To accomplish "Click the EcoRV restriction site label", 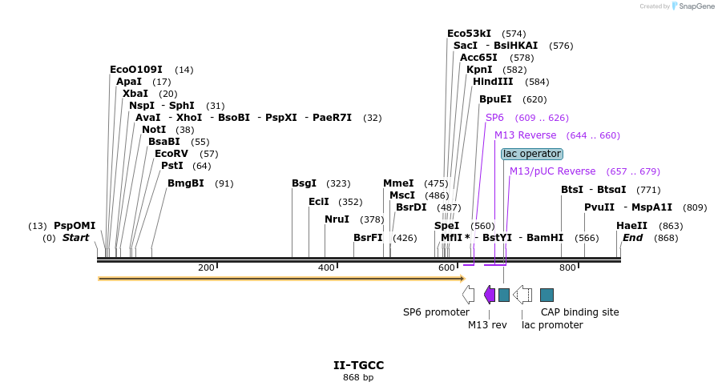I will (171, 154).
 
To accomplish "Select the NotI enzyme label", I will (154, 130).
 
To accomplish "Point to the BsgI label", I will (304, 183).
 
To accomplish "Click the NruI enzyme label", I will (337, 219).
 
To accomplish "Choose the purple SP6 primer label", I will (494, 118).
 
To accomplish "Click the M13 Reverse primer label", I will (525, 135).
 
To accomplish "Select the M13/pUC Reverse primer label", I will (552, 171).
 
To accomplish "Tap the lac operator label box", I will (532, 154).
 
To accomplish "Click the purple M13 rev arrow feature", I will (490, 295).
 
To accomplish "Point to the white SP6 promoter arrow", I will (469, 295).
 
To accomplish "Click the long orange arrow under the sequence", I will (280, 279).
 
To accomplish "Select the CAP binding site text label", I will (579, 312).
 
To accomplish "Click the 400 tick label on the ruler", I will (325, 267).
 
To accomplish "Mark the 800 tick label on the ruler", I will (567, 267).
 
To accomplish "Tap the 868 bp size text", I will (358, 377).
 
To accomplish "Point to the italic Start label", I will (75, 238).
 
